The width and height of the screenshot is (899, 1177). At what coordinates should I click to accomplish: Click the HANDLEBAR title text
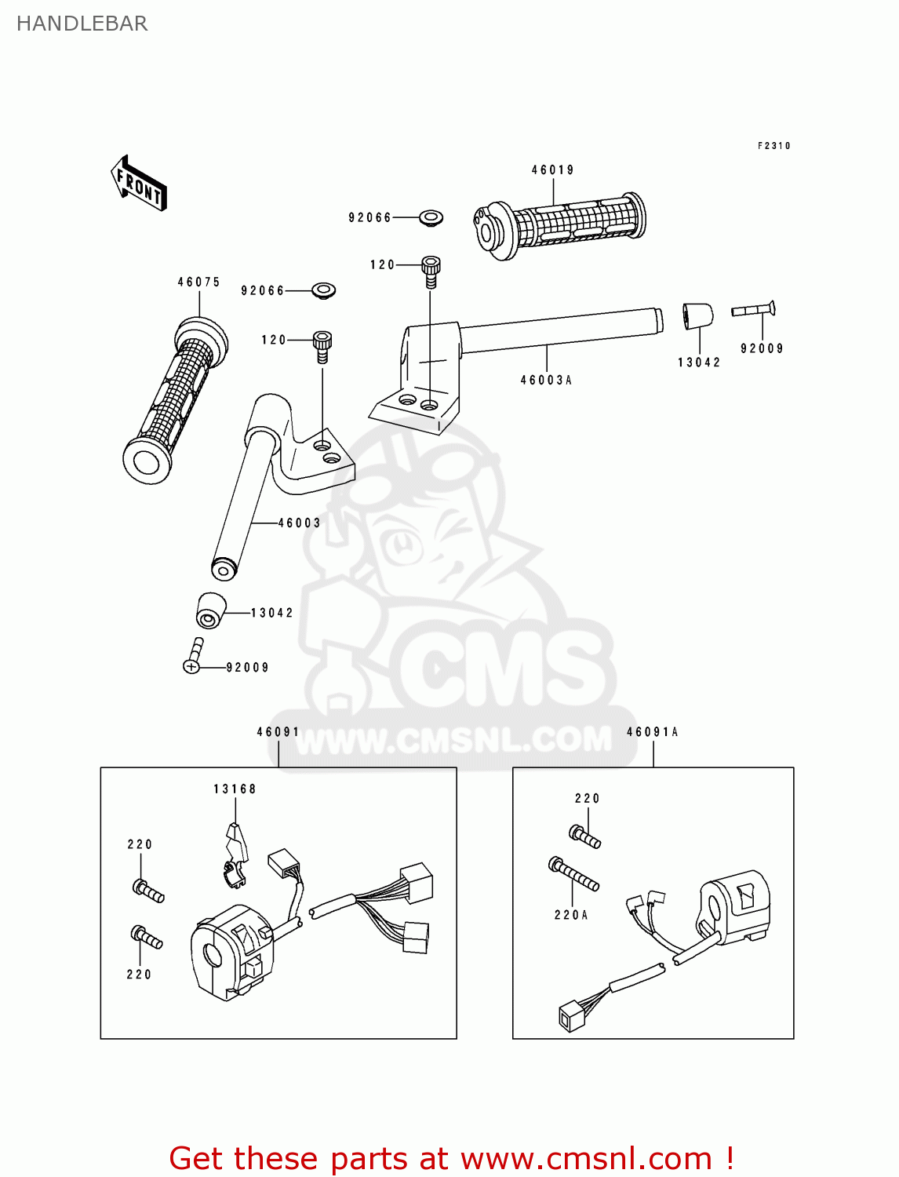(x=82, y=24)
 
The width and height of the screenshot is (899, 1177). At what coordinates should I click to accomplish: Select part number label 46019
(x=552, y=169)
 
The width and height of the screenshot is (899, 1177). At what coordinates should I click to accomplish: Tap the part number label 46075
(x=198, y=282)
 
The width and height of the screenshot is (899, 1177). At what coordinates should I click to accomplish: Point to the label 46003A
(x=546, y=380)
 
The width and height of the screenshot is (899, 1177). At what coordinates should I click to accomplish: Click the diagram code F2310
(x=773, y=146)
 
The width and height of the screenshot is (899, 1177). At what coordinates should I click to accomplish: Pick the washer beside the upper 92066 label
(x=431, y=217)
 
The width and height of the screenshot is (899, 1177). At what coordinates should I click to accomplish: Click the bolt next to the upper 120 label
(x=431, y=268)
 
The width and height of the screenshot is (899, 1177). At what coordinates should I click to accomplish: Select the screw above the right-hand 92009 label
(x=754, y=310)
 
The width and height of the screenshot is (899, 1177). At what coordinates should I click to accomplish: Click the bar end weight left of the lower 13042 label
(x=210, y=610)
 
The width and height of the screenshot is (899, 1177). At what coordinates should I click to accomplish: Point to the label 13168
(x=235, y=789)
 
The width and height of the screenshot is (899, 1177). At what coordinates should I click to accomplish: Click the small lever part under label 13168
(x=235, y=855)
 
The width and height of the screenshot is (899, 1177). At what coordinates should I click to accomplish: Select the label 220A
(x=570, y=915)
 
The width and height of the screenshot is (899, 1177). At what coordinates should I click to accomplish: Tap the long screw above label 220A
(x=573, y=873)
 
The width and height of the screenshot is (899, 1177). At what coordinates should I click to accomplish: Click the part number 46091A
(x=652, y=732)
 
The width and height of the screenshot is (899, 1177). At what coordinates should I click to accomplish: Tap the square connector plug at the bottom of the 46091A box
(x=569, y=1016)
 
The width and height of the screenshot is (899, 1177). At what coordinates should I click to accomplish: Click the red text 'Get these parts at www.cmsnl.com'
(x=451, y=1158)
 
